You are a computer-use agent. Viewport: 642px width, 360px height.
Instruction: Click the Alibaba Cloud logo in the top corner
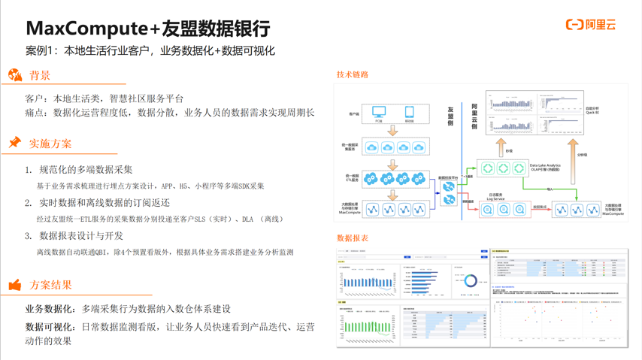point(591,25)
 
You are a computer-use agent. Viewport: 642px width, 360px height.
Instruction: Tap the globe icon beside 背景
point(15,75)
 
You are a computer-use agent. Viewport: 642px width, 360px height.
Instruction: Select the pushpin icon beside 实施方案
point(14,142)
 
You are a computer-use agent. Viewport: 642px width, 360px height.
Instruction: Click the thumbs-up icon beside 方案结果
point(15,285)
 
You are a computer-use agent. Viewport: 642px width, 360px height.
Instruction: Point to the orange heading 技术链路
point(353,74)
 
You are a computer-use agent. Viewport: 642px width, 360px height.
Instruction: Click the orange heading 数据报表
point(353,238)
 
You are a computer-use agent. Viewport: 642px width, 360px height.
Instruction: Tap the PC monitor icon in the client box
point(379,112)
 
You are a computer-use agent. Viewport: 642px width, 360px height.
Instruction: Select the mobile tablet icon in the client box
point(410,112)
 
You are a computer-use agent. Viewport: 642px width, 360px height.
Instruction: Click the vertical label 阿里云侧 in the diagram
point(474,116)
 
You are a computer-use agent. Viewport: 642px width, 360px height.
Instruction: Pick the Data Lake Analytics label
point(545,165)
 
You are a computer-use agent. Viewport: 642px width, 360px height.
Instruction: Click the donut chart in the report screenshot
point(470,280)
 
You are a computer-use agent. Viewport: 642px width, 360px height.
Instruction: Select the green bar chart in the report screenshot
point(368,328)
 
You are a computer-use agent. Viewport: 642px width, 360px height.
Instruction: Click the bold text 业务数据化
point(50,309)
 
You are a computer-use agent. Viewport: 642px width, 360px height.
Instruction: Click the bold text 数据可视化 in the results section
point(50,327)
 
